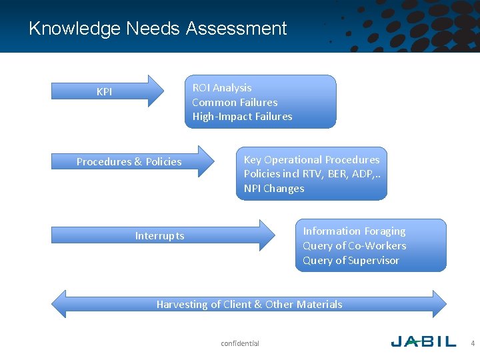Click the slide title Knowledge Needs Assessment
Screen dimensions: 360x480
point(158,29)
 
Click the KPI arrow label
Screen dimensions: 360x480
point(104,92)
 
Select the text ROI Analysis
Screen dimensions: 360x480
point(222,88)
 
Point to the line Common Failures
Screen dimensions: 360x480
point(235,102)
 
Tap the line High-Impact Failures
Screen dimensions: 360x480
point(242,117)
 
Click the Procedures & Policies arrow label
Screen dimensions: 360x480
point(129,162)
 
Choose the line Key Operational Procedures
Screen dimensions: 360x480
point(311,160)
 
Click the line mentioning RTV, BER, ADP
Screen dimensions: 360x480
point(311,174)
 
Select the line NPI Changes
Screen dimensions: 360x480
point(274,189)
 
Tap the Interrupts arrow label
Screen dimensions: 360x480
point(159,236)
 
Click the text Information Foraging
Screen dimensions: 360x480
point(354,231)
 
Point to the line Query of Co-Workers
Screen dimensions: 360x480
point(354,246)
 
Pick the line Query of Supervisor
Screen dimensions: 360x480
point(351,261)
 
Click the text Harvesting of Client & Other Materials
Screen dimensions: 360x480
point(249,305)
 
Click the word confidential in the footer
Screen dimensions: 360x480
point(240,343)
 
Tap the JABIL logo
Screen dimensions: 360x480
point(423,342)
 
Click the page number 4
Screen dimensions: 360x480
point(473,343)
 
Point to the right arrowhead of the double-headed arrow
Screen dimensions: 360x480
point(439,304)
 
